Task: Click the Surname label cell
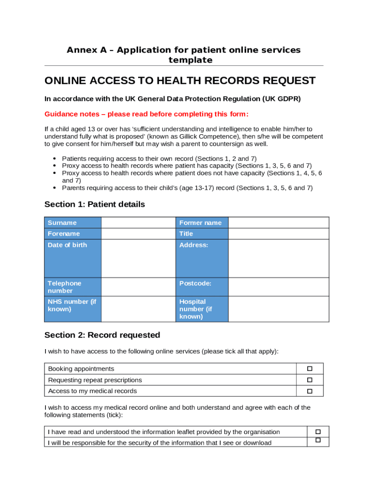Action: click(x=73, y=223)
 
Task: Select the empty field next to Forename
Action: click(x=138, y=234)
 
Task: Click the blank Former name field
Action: click(x=278, y=223)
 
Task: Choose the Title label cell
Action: click(x=202, y=234)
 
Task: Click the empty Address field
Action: click(x=278, y=258)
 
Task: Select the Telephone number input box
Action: click(x=138, y=287)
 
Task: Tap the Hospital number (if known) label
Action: click(x=202, y=308)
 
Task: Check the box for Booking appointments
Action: click(x=309, y=369)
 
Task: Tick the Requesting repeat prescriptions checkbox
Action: click(x=309, y=380)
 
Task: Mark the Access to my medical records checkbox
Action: click(x=309, y=391)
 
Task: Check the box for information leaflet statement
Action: click(x=318, y=431)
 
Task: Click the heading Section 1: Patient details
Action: click(x=95, y=204)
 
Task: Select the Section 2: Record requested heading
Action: click(x=102, y=335)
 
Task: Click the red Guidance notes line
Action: click(x=146, y=114)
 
